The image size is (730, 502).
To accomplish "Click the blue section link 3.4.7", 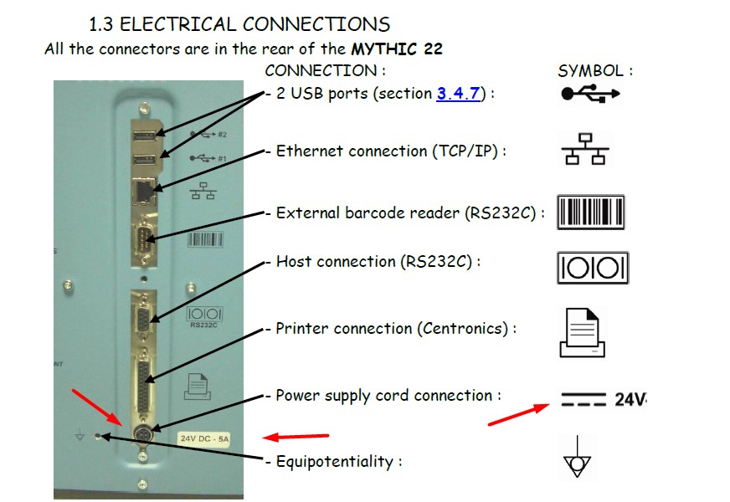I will point(458,94).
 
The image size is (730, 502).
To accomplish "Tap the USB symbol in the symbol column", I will point(590,95).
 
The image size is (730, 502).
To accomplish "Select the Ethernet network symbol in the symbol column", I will point(584,150).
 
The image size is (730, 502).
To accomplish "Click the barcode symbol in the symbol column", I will point(591,212).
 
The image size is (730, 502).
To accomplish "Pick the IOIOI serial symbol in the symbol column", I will point(592,269).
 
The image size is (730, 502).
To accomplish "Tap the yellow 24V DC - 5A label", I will point(204,438).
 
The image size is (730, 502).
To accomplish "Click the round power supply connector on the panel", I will point(142,434).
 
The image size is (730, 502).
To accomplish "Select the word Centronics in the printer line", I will point(461,329).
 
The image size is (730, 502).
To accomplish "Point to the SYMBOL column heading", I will point(594,71).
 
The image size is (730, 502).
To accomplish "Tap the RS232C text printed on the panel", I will point(198,325).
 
